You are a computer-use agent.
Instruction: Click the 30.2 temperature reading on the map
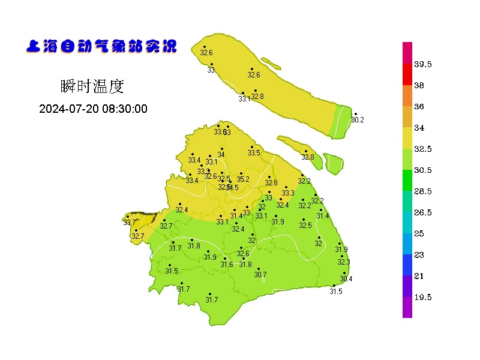[358, 120]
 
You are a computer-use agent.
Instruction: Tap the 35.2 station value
[242, 179]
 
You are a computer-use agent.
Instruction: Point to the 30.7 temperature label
[260, 275]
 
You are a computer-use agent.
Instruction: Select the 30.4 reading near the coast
[346, 279]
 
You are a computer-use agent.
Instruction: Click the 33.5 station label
[254, 153]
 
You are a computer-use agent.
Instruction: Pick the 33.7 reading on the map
[129, 223]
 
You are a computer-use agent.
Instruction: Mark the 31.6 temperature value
[226, 265]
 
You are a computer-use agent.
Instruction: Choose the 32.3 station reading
[343, 262]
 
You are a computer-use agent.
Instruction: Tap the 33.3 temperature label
[288, 193]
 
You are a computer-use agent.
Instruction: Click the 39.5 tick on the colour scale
[424, 64]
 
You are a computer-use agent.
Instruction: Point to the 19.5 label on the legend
[424, 297]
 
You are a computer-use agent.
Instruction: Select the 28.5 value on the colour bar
[424, 191]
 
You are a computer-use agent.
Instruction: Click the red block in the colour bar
[407, 74]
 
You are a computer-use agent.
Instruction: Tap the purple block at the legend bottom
[407, 307]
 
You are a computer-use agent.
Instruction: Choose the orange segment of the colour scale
[407, 96]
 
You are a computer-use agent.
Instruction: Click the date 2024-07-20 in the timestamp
[67, 109]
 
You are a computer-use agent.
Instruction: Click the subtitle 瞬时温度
[92, 86]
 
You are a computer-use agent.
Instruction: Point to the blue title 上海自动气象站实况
[101, 46]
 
